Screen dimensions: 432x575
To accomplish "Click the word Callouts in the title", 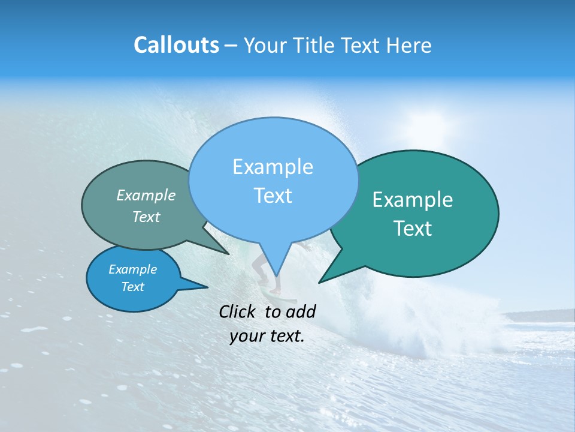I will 176,45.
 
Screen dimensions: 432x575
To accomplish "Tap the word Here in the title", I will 408,45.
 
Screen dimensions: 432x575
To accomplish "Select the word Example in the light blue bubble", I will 273,167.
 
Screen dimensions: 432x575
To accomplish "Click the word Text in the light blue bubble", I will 273,196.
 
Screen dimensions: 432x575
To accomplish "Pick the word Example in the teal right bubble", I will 413,200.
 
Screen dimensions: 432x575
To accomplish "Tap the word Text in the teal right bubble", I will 413,229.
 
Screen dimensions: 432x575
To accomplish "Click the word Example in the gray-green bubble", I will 146,196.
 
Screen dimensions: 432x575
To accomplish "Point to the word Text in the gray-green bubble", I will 146,217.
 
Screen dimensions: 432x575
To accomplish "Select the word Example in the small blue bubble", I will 132,269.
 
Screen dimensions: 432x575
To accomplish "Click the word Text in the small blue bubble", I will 132,287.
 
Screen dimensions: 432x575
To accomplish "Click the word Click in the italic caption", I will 238,311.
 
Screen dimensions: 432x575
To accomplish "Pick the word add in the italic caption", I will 300,311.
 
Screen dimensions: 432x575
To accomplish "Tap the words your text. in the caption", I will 267,337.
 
